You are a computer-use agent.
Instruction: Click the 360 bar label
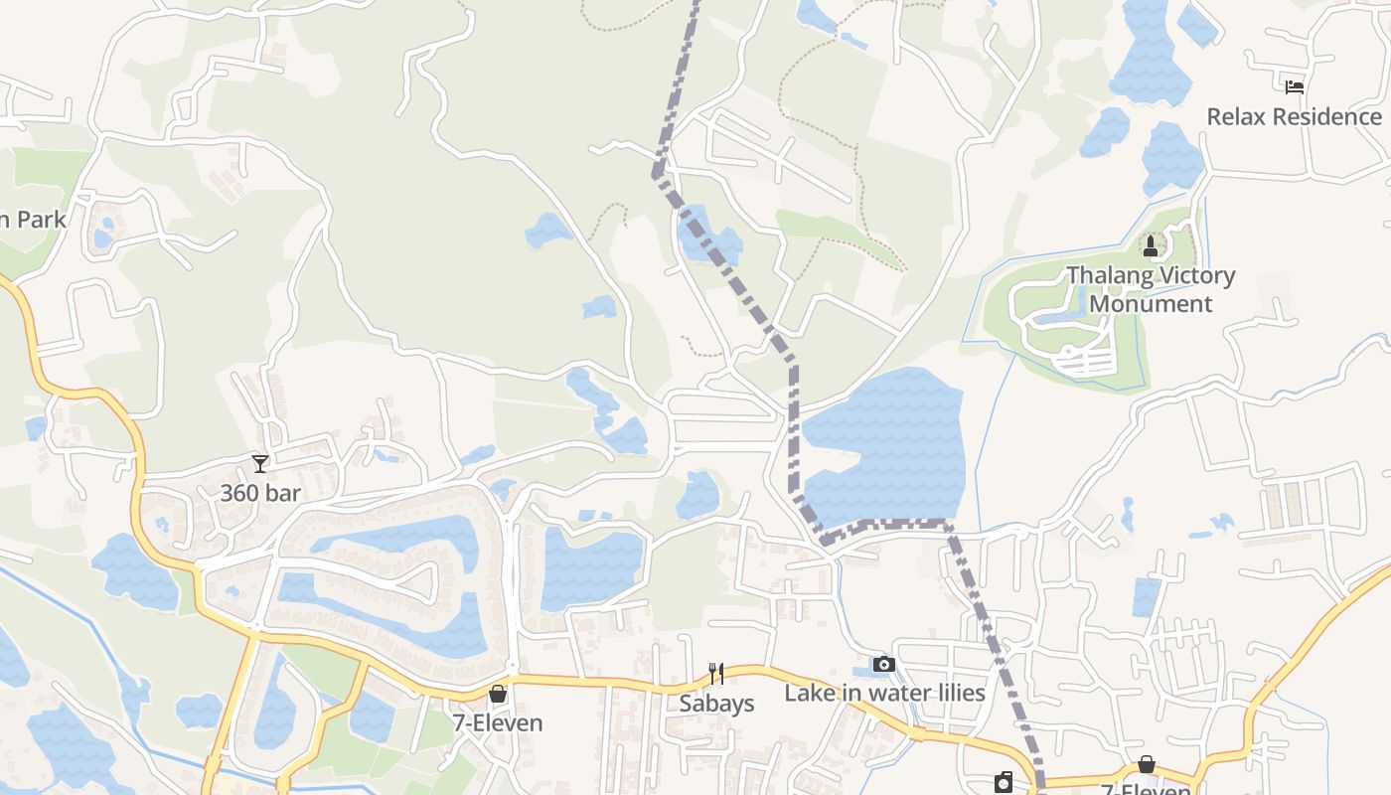point(260,493)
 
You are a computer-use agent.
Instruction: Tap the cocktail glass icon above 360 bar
point(260,463)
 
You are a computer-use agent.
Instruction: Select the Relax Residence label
point(1294,116)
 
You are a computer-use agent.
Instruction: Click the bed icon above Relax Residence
point(1294,87)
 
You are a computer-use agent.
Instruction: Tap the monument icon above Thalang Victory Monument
point(1151,245)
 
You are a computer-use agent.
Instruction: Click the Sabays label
point(716,704)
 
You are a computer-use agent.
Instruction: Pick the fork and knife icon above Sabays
point(715,674)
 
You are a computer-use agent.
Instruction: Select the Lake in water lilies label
point(884,693)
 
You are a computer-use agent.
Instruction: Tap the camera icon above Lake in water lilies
point(884,664)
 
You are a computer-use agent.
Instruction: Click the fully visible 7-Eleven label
point(498,723)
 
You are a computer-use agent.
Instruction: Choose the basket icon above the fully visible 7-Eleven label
point(498,694)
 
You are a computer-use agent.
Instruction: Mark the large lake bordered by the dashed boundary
point(884,447)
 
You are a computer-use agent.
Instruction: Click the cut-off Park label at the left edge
point(33,220)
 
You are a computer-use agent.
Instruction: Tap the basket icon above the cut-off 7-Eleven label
point(1146,764)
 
